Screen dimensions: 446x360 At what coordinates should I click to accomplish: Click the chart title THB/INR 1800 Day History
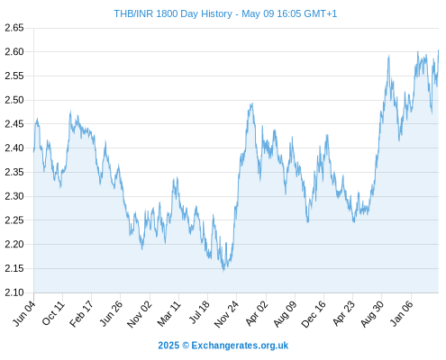[173, 13]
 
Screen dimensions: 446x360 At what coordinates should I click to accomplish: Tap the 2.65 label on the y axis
[14, 28]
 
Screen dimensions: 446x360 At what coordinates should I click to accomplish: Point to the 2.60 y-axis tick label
[14, 52]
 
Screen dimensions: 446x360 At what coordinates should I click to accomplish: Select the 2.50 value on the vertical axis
[14, 100]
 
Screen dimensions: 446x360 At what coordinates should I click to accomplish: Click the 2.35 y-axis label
[14, 172]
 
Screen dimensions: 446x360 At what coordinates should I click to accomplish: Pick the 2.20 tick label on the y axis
[14, 244]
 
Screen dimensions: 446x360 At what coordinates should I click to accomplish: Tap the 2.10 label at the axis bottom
[14, 292]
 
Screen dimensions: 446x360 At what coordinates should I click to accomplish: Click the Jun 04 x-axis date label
[24, 313]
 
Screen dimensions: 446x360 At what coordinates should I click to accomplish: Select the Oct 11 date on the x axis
[53, 313]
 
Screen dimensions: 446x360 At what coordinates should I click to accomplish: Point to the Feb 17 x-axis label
[81, 314]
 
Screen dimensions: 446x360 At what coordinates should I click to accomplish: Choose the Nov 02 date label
[140, 314]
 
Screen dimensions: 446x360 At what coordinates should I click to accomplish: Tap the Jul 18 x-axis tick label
[198, 313]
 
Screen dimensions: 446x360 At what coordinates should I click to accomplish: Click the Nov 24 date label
[226, 314]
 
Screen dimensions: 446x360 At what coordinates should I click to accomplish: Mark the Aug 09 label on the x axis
[285, 314]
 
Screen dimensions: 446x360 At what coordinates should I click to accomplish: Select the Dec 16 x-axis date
[314, 314]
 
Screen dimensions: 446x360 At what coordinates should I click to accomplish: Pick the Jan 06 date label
[402, 313]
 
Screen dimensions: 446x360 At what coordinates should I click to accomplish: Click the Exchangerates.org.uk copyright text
[223, 346]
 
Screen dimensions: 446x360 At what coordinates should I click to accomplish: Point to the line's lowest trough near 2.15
[223, 271]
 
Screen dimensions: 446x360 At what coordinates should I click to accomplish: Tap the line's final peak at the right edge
[439, 50]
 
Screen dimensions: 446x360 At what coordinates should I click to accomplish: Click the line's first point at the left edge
[33, 152]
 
